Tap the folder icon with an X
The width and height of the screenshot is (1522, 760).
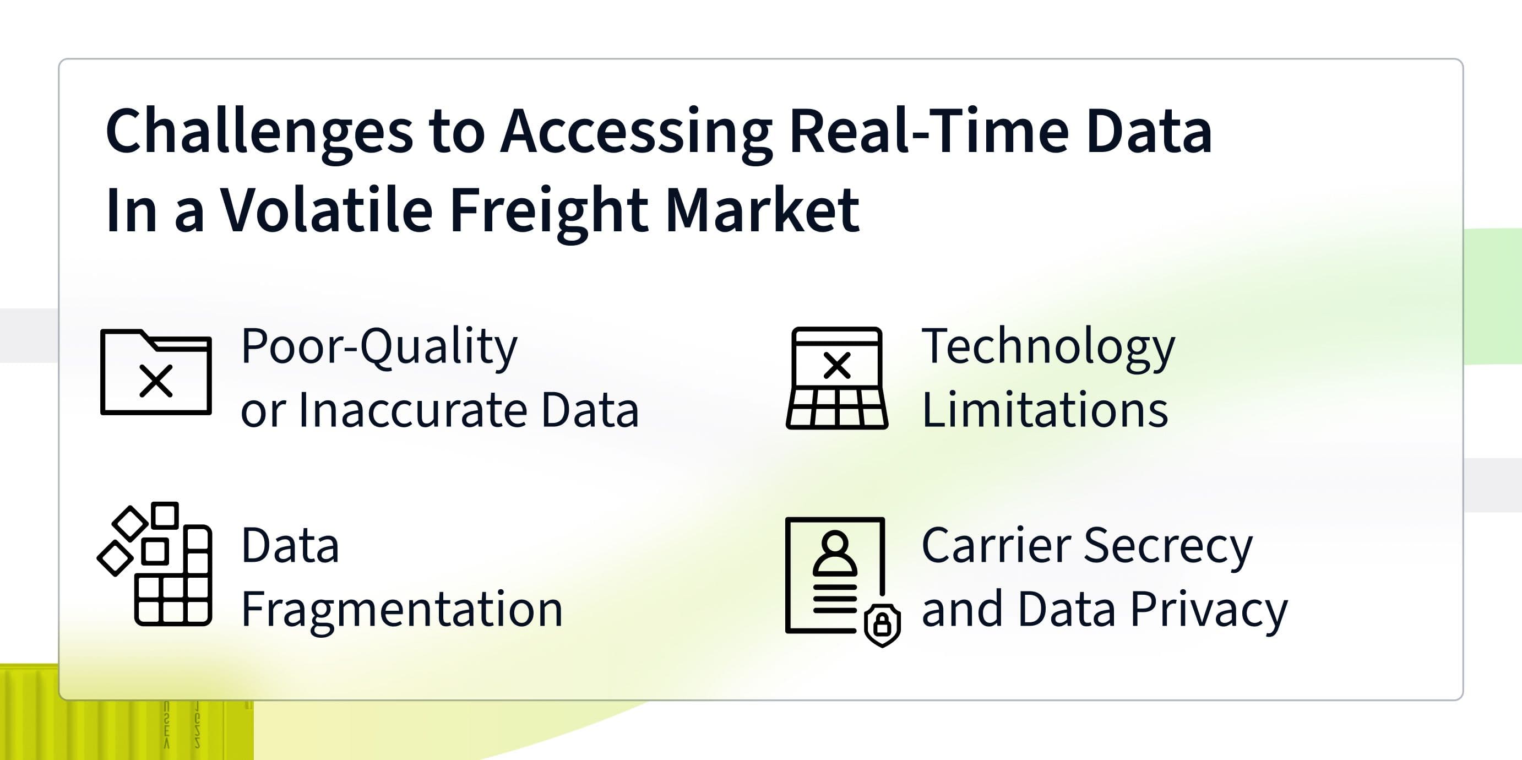click(x=156, y=372)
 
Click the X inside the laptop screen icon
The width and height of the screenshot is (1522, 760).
click(x=836, y=365)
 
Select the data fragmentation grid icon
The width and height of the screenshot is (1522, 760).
click(x=155, y=564)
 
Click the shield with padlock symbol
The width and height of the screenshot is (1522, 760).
click(x=882, y=625)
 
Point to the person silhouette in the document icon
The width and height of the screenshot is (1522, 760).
click(x=834, y=553)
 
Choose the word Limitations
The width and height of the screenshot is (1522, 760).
click(x=1045, y=409)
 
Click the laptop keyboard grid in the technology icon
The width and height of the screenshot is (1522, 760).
click(x=836, y=409)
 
